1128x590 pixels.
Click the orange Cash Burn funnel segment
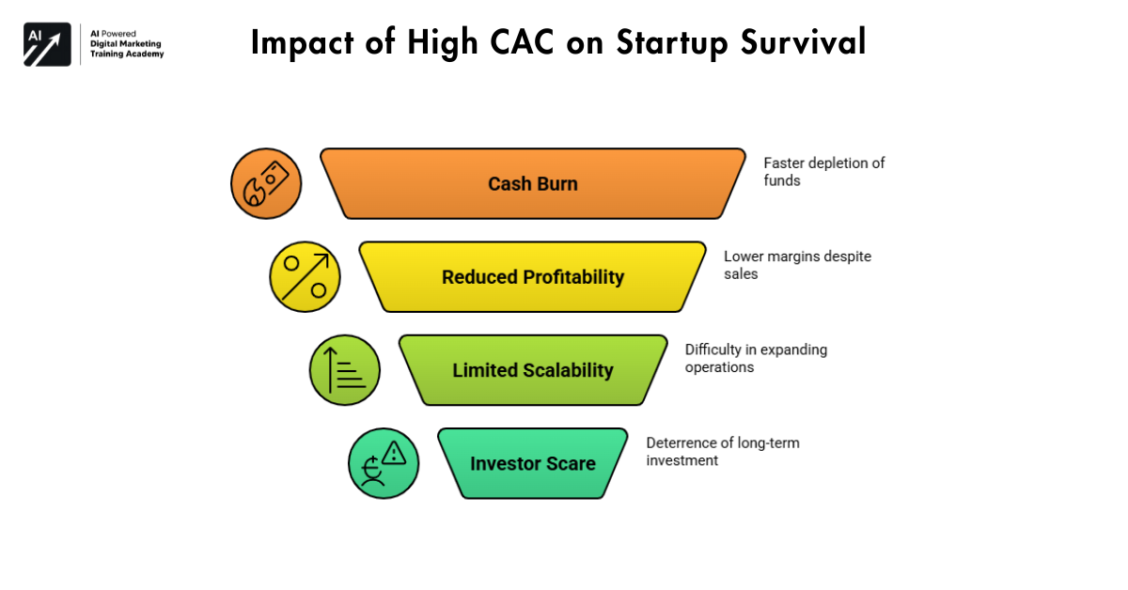click(x=533, y=183)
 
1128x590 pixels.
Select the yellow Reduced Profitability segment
click(x=533, y=277)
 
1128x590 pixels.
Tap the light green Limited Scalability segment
click(x=533, y=370)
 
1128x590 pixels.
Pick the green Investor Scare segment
click(x=533, y=463)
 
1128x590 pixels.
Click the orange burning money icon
click(x=266, y=183)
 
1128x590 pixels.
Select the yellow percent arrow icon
click(x=305, y=277)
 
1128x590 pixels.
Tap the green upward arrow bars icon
click(x=344, y=370)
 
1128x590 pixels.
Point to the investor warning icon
click(x=384, y=463)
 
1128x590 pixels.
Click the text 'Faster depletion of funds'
click(x=823, y=171)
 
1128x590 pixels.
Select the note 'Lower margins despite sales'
click(x=784, y=264)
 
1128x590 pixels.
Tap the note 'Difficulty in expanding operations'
click(x=756, y=358)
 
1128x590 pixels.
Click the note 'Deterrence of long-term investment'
click(x=722, y=451)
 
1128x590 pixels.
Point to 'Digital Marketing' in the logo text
click(x=125, y=43)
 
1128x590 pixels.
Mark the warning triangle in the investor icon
click(x=394, y=453)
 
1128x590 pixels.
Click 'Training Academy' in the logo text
click(x=127, y=54)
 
